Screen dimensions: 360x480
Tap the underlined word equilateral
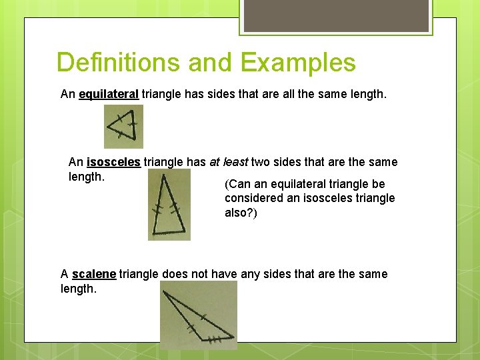point(109,95)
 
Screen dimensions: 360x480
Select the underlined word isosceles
point(113,162)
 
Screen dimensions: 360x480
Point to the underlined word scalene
point(94,274)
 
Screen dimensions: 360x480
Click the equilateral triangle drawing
point(123,126)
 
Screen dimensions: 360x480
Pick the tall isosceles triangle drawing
point(169,205)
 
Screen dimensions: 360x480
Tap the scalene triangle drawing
point(198,314)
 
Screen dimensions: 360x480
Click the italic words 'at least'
point(229,162)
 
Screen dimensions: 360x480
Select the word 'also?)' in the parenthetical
point(241,213)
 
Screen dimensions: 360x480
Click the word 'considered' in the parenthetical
point(253,198)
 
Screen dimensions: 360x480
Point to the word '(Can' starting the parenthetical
point(236,184)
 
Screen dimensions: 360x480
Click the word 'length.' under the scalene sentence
point(79,289)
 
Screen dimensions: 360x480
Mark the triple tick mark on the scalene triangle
point(214,339)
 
